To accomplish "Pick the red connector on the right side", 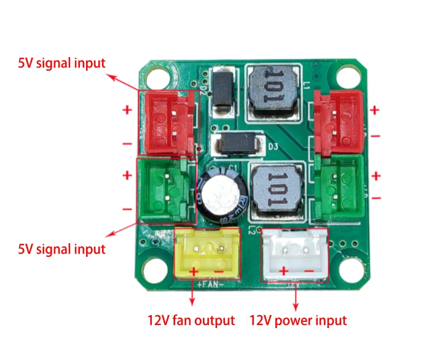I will tap(337, 122).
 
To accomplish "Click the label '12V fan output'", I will tap(191, 320).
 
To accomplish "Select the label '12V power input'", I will tap(298, 320).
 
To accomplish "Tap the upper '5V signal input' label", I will tap(61, 63).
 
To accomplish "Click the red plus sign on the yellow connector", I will tap(194, 270).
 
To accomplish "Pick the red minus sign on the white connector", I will tap(309, 270).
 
